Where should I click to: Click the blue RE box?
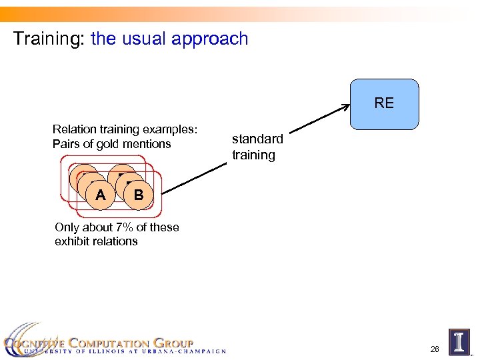pos(384,103)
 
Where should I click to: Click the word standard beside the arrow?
pos(257,139)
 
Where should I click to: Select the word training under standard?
pos(253,155)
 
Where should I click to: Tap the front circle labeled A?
pos(100,195)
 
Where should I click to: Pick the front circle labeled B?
pos(138,195)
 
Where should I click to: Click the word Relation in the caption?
pos(73,129)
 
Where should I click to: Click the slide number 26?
pos(435,349)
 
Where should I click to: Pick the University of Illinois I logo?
pos(459,341)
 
